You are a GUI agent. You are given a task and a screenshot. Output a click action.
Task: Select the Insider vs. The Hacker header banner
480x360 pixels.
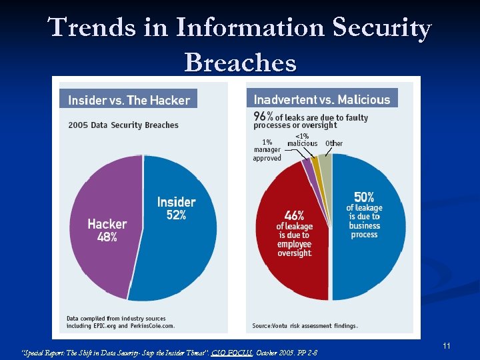point(129,100)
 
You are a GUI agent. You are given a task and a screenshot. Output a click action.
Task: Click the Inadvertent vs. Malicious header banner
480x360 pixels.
point(322,99)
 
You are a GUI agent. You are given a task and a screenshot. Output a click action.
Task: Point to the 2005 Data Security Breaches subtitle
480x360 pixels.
point(123,125)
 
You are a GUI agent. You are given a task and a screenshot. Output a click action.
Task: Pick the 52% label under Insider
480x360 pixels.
point(177,215)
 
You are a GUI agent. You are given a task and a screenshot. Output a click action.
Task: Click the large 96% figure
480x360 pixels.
point(263,117)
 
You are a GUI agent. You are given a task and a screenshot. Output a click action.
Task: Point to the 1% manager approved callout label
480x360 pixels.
point(267,150)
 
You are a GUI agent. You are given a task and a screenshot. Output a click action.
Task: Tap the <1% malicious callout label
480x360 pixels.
point(302,140)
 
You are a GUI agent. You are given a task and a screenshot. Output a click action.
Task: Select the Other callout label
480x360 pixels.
point(334,143)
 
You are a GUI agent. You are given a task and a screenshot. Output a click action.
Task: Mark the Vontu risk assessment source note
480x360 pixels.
point(305,326)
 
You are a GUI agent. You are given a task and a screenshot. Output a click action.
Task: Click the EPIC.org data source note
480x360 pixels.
point(121,322)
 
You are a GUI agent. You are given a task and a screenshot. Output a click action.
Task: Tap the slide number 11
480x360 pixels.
point(447,345)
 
